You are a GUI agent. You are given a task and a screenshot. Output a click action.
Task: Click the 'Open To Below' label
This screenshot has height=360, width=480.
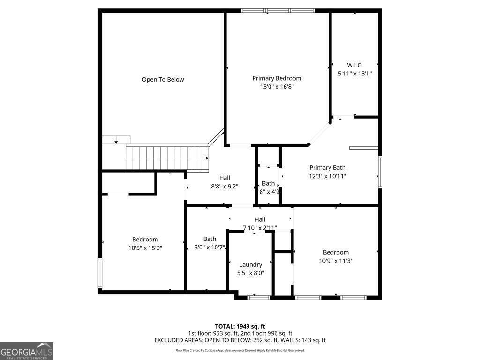[x=163, y=80]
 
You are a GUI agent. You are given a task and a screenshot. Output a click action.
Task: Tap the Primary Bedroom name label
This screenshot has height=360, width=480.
[x=277, y=78]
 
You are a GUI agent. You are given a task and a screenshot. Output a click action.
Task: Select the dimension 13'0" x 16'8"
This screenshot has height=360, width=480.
[x=277, y=87]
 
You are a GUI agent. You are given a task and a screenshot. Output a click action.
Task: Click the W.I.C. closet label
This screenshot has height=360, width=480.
[x=354, y=65]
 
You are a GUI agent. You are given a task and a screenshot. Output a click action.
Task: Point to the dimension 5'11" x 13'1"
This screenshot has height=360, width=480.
[x=354, y=74]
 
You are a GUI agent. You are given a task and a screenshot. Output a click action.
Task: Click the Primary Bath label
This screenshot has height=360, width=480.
[x=327, y=168]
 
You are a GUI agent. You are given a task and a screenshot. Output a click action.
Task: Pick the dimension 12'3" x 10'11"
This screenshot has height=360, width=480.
[x=327, y=176]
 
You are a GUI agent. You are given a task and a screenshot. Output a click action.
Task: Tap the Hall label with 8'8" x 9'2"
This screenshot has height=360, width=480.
[x=225, y=178]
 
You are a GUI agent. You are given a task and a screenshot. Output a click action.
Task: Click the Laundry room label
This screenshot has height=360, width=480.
[x=250, y=264]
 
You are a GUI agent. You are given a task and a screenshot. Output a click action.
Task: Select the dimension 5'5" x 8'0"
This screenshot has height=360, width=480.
[x=250, y=273]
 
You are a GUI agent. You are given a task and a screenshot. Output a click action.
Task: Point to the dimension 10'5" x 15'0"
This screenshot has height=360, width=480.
[x=145, y=248]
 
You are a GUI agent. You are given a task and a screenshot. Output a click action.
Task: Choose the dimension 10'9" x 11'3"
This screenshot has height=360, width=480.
[x=336, y=261]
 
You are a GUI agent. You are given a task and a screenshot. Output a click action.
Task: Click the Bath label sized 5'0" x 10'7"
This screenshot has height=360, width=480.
[x=210, y=239]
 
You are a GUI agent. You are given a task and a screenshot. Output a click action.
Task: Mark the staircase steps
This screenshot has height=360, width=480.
[x=166, y=157]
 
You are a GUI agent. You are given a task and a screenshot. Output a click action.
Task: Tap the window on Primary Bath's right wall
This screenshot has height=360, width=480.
[x=380, y=172]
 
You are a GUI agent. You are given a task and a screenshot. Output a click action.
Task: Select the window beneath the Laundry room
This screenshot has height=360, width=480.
[x=259, y=297]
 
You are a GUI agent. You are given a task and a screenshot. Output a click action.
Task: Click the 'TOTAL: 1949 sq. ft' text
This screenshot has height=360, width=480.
[x=240, y=326]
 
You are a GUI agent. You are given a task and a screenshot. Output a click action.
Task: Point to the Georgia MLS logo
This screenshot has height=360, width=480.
[x=27, y=351]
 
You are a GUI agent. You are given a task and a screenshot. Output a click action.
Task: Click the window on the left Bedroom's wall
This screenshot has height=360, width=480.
[x=100, y=272]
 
